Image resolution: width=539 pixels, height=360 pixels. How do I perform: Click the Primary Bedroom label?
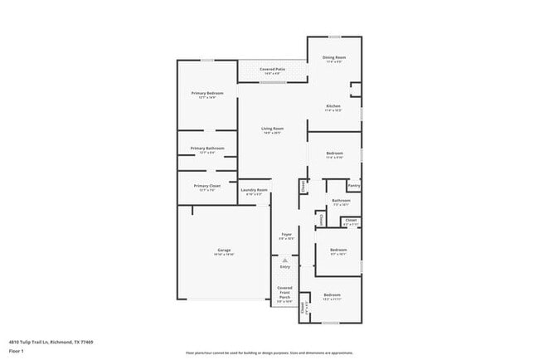(208, 94)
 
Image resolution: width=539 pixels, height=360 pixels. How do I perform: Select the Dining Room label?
(334, 57)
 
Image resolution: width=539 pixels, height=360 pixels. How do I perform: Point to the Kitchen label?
(333, 106)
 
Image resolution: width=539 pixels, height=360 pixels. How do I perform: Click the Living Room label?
(273, 129)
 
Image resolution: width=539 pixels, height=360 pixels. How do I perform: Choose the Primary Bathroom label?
(208, 148)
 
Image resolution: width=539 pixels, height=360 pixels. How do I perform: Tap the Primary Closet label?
(207, 186)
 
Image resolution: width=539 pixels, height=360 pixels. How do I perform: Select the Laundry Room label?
(255, 190)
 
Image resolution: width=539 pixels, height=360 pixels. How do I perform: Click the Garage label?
(224, 250)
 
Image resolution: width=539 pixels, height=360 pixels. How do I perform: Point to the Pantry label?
(354, 186)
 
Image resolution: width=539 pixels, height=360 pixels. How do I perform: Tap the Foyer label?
(286, 235)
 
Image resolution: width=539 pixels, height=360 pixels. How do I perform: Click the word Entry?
(285, 267)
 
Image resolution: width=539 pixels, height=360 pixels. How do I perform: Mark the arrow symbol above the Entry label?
(285, 260)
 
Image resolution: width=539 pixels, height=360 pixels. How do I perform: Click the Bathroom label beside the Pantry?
(341, 201)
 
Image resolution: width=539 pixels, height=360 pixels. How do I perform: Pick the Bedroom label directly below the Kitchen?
(334, 154)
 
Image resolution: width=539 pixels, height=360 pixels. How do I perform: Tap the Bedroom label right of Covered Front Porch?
(332, 296)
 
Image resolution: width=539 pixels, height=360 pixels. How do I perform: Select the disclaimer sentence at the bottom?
(269, 353)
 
